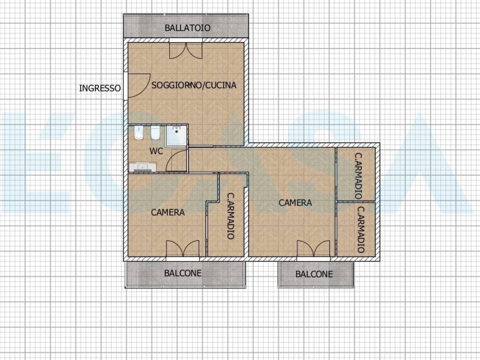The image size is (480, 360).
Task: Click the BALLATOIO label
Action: tap(187, 28)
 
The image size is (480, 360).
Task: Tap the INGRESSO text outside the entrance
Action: tap(100, 88)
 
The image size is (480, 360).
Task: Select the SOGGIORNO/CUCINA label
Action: tap(194, 85)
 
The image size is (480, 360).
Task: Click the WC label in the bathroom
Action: tap(156, 151)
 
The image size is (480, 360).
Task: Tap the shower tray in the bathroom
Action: tap(176, 135)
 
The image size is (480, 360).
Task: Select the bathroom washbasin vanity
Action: tap(142, 167)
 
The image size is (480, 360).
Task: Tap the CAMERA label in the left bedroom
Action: tap(168, 212)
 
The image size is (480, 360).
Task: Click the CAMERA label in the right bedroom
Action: tap(295, 202)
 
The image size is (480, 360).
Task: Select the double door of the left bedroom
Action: tap(183, 248)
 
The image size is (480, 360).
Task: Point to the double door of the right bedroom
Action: tap(314, 248)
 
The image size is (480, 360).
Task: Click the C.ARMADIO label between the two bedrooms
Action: tap(231, 216)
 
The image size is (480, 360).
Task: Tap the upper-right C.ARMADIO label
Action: tap(358, 176)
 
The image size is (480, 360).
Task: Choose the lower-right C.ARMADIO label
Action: tap(361, 230)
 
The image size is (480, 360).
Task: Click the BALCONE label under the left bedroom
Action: tap(183, 273)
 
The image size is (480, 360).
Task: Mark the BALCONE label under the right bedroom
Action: tap(314, 274)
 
